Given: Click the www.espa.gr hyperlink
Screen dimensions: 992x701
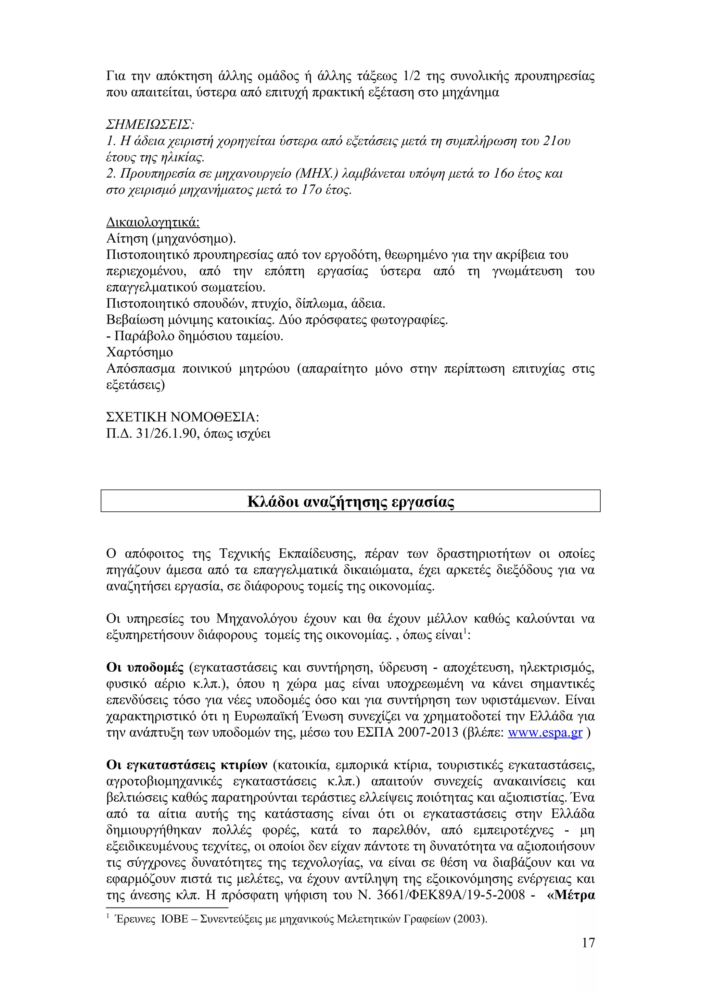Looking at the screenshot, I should (545, 733).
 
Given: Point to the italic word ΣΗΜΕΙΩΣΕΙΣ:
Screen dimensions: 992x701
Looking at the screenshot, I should (150, 125).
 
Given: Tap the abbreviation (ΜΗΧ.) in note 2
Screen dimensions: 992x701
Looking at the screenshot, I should (316, 174).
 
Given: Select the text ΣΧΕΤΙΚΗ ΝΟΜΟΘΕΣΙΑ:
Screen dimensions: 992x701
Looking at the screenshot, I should (182, 417).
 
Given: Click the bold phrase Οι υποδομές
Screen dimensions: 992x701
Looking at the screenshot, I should (145, 668).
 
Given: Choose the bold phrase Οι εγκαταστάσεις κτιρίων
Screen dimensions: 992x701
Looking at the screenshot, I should (187, 765).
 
